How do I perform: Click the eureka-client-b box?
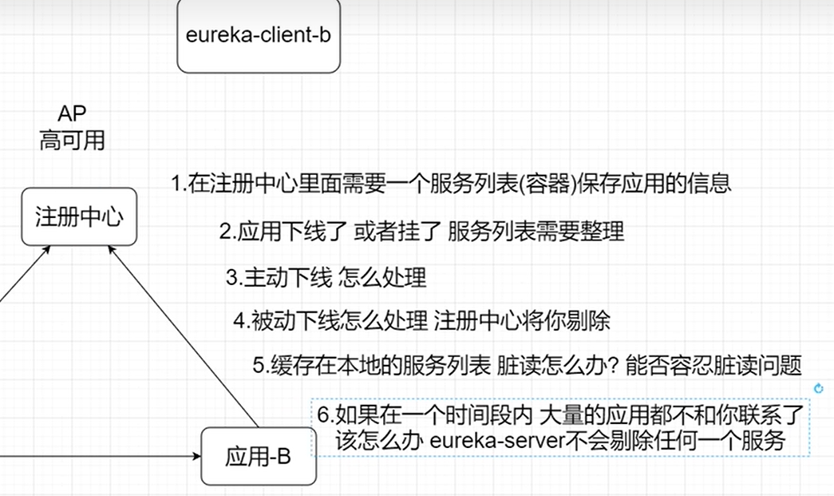coord(258,37)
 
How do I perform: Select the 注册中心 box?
coord(79,216)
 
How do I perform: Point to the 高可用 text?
coord(72,141)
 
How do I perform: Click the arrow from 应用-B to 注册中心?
coord(184,336)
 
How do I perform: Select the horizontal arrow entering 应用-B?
coord(96,457)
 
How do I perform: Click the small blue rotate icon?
coord(817,388)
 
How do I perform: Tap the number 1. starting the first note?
coord(178,185)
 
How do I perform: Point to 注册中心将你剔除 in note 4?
coord(522,322)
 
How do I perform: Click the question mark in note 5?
coord(615,366)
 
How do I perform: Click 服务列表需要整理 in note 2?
coord(536,232)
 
